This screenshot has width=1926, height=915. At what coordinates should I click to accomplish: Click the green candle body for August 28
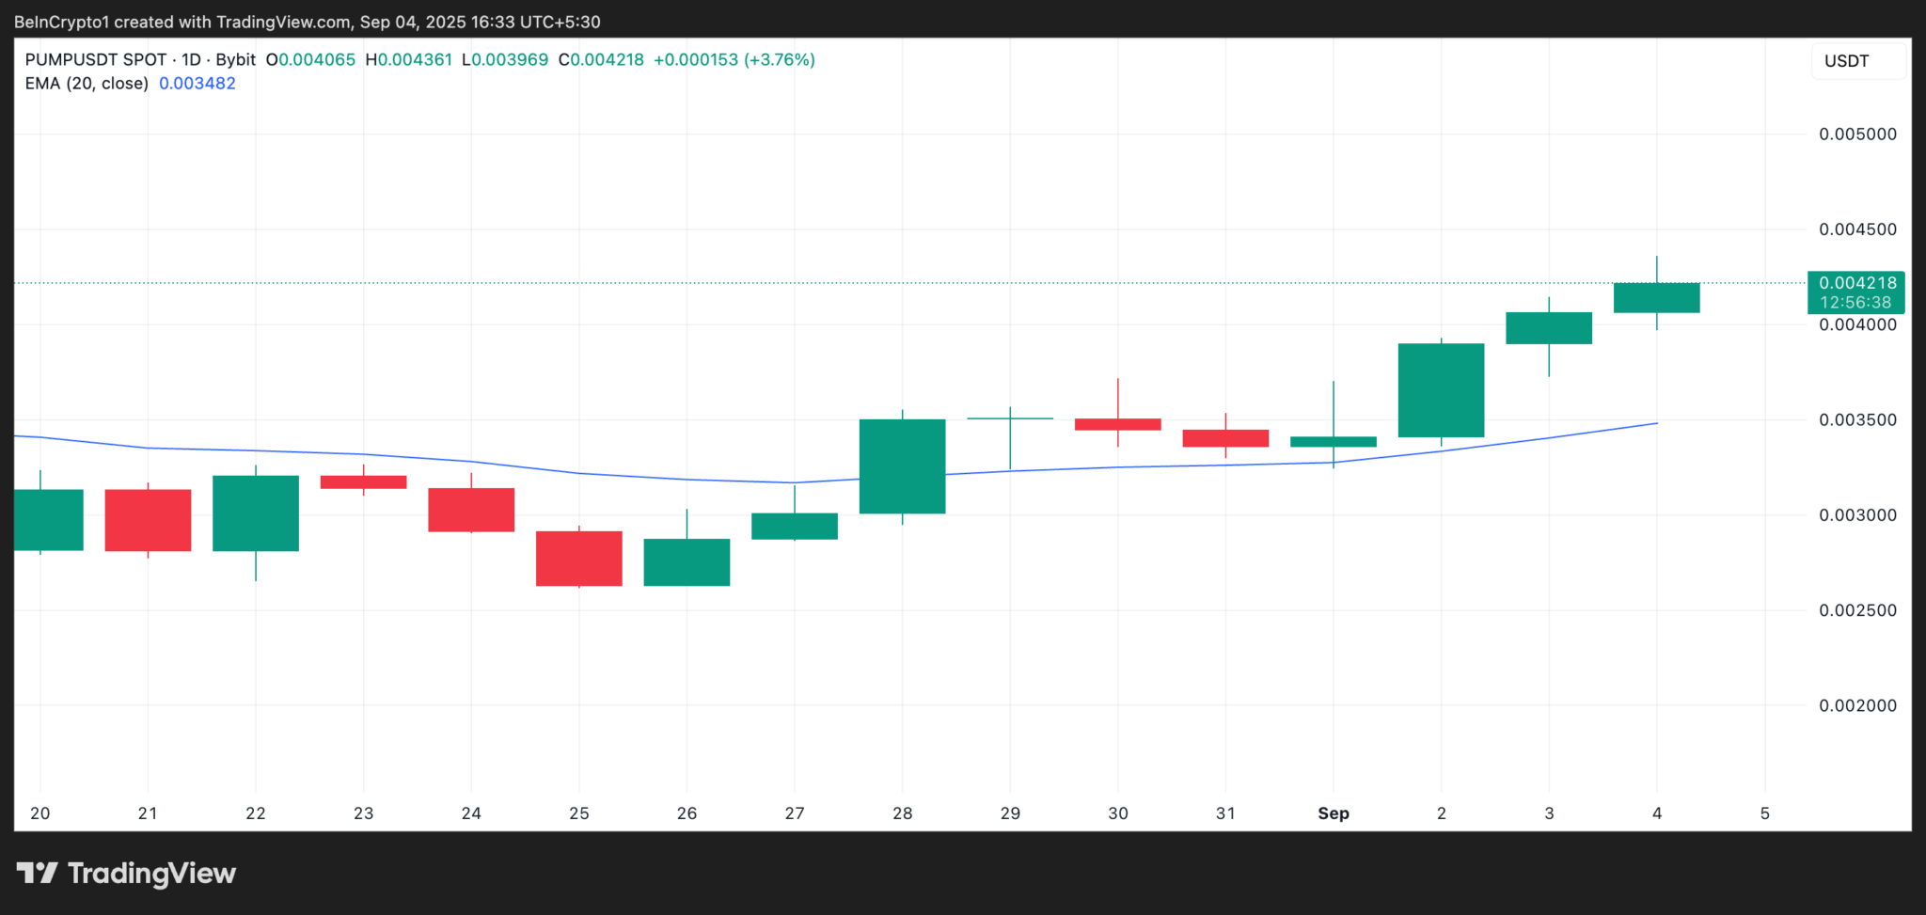[902, 466]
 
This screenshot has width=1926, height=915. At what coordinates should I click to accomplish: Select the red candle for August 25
[579, 559]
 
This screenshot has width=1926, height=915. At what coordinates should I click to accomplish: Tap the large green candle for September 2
[1441, 390]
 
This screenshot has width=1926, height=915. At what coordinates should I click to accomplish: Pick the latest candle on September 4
[1656, 297]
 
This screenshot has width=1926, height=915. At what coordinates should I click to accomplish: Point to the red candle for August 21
[148, 520]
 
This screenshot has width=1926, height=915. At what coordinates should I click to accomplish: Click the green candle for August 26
[687, 562]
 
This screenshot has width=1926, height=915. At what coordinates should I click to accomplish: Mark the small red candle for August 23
[363, 482]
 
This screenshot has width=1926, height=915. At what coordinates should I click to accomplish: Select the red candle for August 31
[1225, 438]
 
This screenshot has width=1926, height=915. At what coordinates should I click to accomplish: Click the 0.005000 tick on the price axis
[1857, 134]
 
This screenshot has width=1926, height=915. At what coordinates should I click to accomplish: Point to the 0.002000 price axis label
[1857, 705]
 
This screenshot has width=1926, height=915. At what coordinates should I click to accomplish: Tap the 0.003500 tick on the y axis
[1857, 420]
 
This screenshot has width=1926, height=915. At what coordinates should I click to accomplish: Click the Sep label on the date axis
[1334, 813]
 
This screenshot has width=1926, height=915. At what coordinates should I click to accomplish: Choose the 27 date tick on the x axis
[795, 813]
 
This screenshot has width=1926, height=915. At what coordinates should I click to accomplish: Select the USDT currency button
[1847, 61]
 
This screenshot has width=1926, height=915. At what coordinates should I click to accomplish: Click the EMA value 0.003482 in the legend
[197, 84]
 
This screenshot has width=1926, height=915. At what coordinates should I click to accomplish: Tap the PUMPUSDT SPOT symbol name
[96, 60]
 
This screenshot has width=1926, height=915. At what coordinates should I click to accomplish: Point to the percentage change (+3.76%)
[780, 60]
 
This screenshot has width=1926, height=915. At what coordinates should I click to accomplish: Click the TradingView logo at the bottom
[127, 874]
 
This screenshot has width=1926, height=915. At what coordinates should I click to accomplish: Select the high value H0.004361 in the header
[409, 60]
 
